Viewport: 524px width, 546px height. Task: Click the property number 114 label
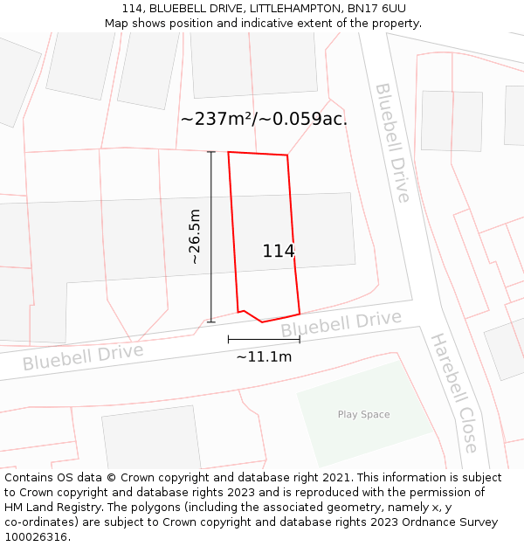[279, 252]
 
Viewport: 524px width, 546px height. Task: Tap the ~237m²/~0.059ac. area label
[264, 119]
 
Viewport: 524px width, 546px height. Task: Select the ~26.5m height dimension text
[195, 236]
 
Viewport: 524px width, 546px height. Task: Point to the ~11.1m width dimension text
[264, 356]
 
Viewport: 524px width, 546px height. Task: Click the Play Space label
[363, 414]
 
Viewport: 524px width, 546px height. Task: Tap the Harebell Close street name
[455, 392]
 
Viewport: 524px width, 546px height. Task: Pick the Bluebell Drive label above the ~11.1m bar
[341, 323]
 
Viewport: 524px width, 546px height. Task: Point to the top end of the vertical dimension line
[210, 152]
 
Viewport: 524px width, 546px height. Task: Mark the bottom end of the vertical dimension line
[210, 322]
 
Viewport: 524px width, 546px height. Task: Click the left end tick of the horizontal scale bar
[228, 339]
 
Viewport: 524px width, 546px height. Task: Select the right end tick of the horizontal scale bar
[300, 339]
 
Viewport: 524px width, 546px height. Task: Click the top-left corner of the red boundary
[229, 152]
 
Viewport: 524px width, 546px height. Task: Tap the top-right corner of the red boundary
[287, 156]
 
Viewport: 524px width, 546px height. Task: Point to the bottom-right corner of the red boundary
[300, 314]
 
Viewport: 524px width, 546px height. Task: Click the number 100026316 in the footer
[34, 537]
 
